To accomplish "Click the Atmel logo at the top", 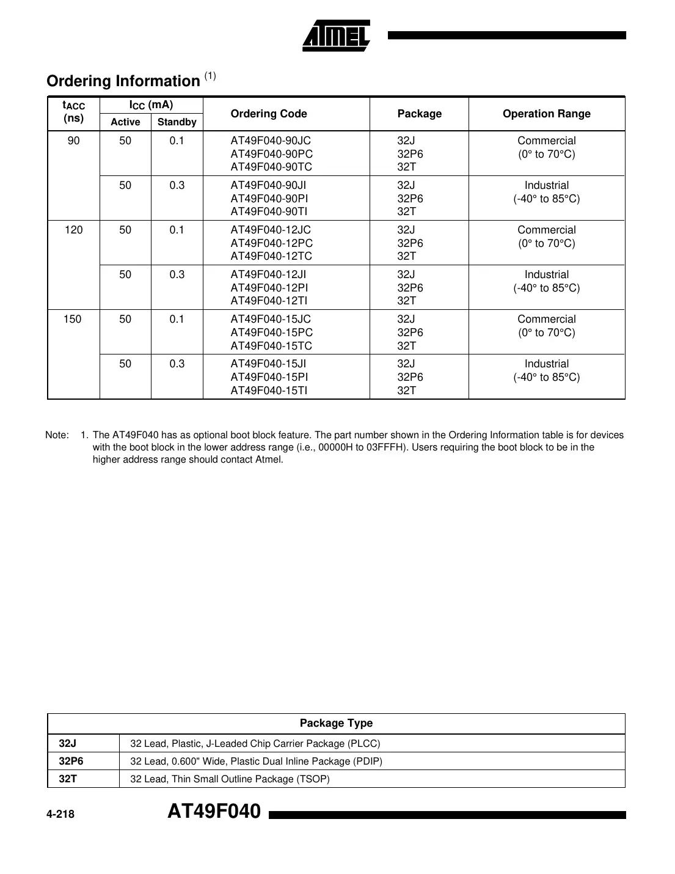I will tap(336, 36).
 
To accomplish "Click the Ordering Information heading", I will tap(123, 81).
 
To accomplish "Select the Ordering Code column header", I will tap(269, 114).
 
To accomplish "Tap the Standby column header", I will tap(177, 122).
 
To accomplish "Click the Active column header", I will tap(125, 122).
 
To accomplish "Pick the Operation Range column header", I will tap(546, 114).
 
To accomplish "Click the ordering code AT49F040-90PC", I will tap(271, 154).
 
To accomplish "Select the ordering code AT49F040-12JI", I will tap(268, 274).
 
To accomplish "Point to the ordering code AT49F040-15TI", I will tap(269, 391).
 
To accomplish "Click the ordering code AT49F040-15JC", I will tap(271, 319).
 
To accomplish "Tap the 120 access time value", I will tap(73, 230).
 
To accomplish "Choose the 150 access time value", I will tap(73, 319).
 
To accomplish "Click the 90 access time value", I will tap(73, 141).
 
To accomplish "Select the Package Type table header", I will tap(336, 723).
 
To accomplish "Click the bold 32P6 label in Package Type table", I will tap(71, 761).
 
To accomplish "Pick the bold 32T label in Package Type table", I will tap(68, 779).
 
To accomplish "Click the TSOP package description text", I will tap(230, 779).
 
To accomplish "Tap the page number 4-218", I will tap(60, 814).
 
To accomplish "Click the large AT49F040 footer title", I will tap(214, 812).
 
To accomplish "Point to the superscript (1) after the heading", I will tap(210, 76).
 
